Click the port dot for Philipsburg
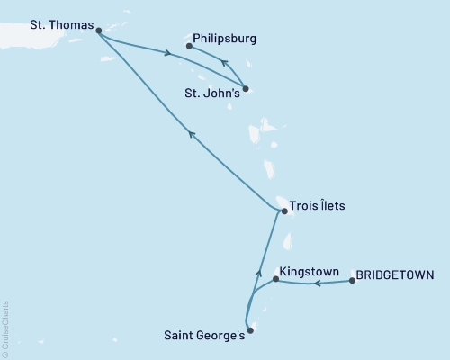click(189, 45)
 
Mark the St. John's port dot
click(247, 88)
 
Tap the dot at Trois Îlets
click(284, 211)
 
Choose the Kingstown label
click(309, 269)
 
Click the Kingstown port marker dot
click(275, 280)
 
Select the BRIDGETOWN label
click(396, 274)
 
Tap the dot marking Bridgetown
click(352, 281)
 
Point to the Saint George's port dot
click(251, 330)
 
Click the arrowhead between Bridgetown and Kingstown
click(316, 283)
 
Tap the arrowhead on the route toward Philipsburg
click(225, 63)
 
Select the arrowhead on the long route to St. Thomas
click(192, 134)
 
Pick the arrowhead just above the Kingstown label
click(259, 272)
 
